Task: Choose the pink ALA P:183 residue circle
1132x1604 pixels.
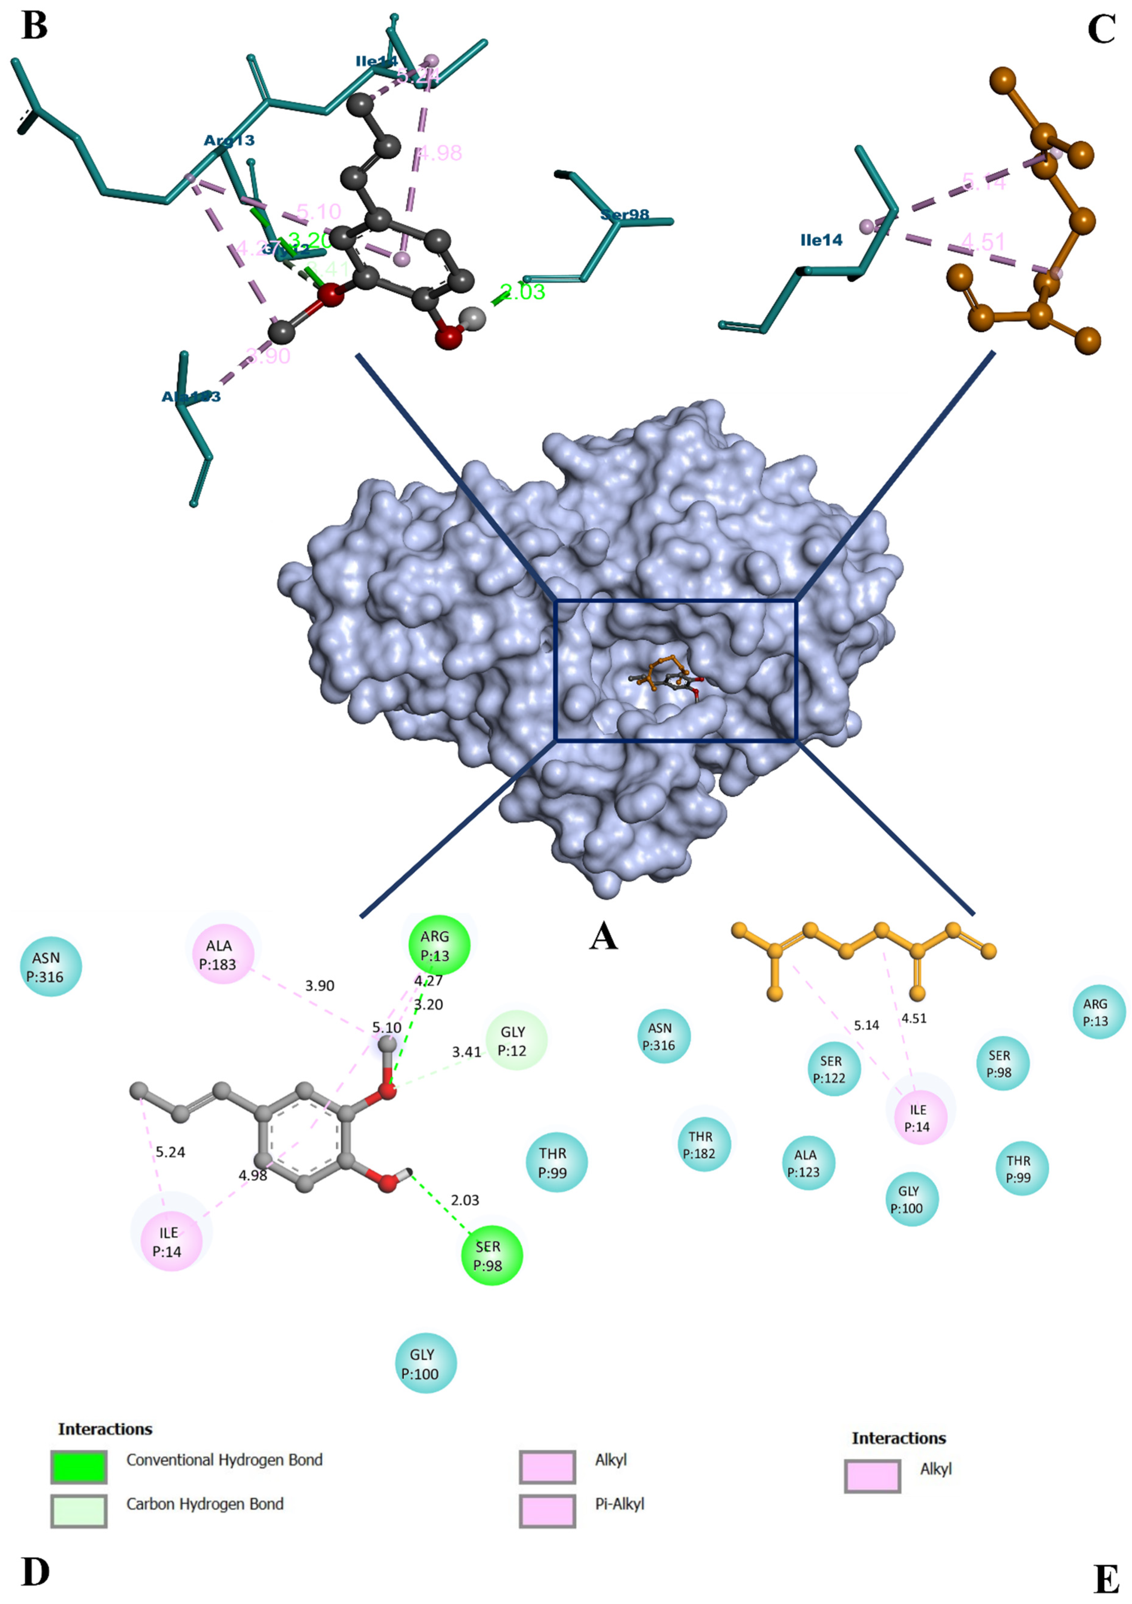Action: coord(223,954)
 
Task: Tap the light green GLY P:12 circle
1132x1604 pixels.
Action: coord(516,1041)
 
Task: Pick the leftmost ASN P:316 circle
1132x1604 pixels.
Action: coord(51,966)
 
